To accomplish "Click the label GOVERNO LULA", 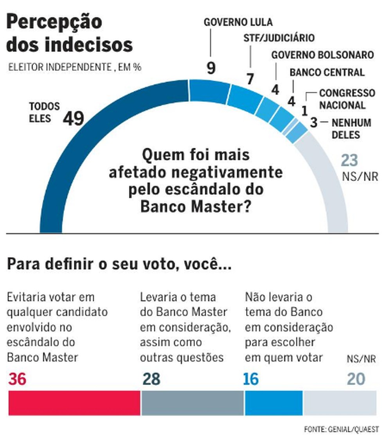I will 238,22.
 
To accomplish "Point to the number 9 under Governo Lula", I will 211,68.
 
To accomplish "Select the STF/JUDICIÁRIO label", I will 279,38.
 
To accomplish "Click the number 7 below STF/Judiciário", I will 250,79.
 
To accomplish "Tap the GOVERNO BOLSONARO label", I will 322,55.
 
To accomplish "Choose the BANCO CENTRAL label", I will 327,72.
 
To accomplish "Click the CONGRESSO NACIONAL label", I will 342,99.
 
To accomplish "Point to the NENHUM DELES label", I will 351,129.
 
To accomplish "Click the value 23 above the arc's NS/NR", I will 349,160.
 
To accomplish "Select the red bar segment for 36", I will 74,403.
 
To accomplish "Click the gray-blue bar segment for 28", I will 192,403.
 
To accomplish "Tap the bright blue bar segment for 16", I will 273,403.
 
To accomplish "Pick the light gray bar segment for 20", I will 340,403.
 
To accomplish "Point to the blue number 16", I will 251,379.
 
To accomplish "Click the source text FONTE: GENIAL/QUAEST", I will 341,429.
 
